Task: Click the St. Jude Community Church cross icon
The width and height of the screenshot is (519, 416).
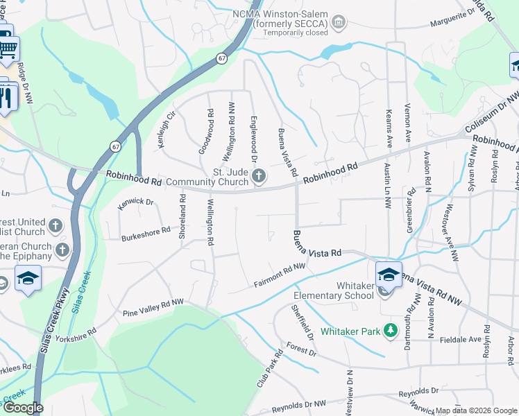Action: click(259, 177)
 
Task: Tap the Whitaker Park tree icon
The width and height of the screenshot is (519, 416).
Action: click(391, 330)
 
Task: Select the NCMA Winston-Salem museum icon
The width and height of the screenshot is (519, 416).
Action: click(338, 23)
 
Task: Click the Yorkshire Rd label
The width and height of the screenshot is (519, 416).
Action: click(77, 334)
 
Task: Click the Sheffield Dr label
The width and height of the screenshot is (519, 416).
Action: click(303, 322)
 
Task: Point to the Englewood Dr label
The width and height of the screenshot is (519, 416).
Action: click(254, 131)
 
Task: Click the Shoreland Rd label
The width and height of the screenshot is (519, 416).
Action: click(183, 217)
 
